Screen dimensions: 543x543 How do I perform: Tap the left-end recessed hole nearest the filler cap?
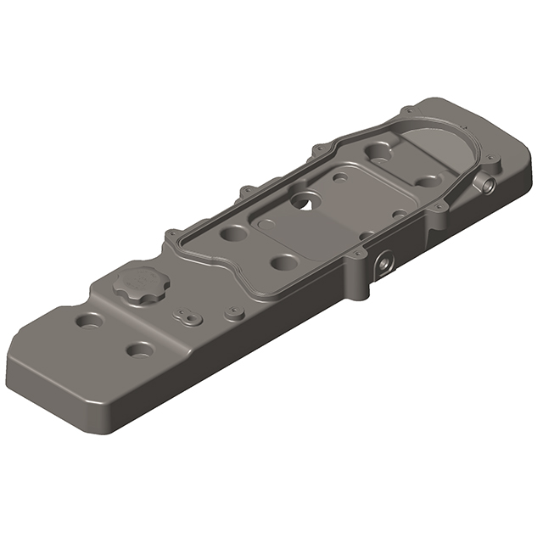click(90, 322)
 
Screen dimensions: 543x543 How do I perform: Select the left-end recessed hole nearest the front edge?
click(140, 349)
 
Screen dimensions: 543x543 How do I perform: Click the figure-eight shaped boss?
click(186, 316)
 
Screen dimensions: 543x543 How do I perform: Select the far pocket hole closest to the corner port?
click(427, 180)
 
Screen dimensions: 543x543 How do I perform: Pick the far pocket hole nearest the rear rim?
click(378, 152)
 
